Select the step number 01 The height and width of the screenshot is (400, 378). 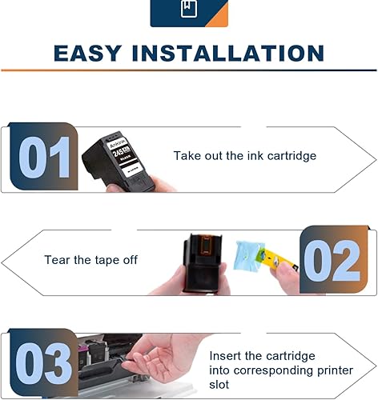[x=44, y=158]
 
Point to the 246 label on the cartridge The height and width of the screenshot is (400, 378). [x=122, y=150]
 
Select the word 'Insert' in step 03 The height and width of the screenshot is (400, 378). [x=227, y=355]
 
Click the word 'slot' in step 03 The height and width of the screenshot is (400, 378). [x=221, y=384]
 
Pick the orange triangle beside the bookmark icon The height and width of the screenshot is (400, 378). [x=218, y=16]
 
